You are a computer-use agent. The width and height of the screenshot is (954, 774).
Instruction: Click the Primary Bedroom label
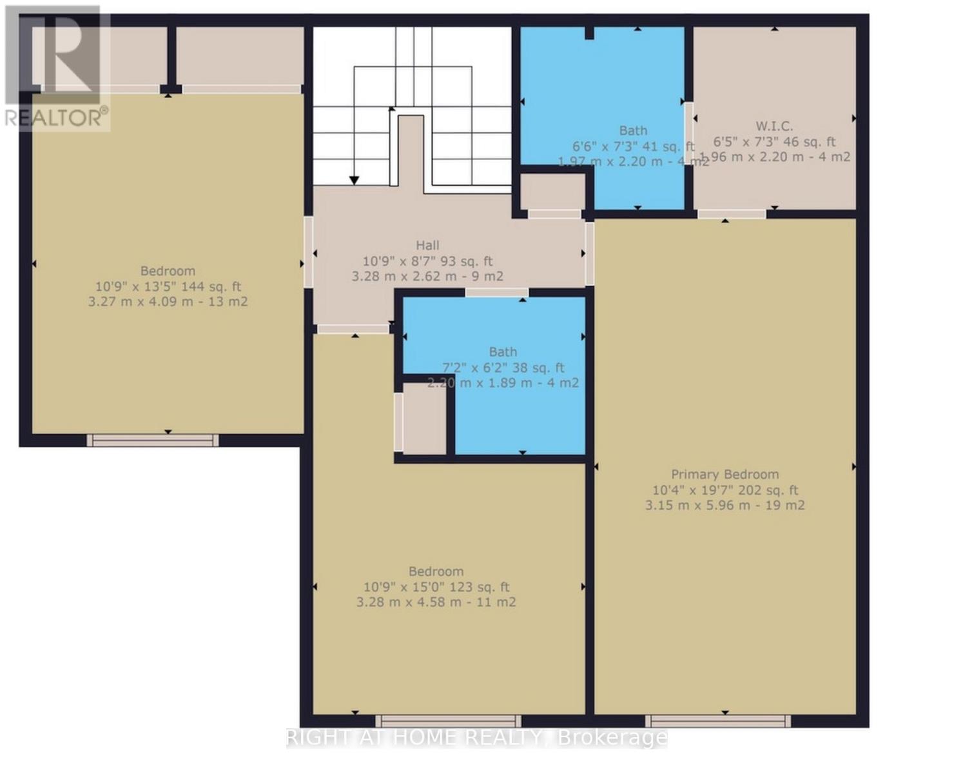pyautogui.click(x=725, y=474)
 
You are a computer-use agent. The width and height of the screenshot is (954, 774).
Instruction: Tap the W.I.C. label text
pyautogui.click(x=774, y=126)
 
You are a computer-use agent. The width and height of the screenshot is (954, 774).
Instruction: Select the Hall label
pyautogui.click(x=427, y=245)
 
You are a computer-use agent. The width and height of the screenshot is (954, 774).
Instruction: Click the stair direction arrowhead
pyautogui.click(x=354, y=181)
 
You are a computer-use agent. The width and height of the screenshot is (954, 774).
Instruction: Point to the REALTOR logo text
pyautogui.click(x=56, y=117)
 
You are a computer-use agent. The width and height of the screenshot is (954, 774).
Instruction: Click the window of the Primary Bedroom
pyautogui.click(x=718, y=721)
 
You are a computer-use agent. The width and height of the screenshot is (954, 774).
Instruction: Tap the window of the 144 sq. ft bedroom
pyautogui.click(x=153, y=441)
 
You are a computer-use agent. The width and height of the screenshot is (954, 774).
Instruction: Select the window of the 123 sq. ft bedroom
pyautogui.click(x=448, y=721)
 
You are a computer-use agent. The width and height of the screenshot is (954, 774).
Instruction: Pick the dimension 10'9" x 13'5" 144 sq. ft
pyautogui.click(x=168, y=286)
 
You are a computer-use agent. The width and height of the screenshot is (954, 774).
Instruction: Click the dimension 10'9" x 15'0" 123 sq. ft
pyautogui.click(x=436, y=587)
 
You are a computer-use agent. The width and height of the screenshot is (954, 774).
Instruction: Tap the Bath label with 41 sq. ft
pyautogui.click(x=632, y=130)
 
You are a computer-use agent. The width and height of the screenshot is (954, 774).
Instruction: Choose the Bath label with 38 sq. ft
pyautogui.click(x=502, y=352)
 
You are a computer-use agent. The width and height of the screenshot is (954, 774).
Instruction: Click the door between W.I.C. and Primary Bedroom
pyautogui.click(x=732, y=214)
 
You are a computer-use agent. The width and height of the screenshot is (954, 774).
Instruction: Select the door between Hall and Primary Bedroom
pyautogui.click(x=589, y=253)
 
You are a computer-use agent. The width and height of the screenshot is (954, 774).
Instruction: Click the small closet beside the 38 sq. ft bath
pyautogui.click(x=423, y=419)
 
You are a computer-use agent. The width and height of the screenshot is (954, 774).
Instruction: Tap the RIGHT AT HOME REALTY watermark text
pyautogui.click(x=476, y=737)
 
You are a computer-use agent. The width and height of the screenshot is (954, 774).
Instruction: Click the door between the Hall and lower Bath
pyautogui.click(x=496, y=293)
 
